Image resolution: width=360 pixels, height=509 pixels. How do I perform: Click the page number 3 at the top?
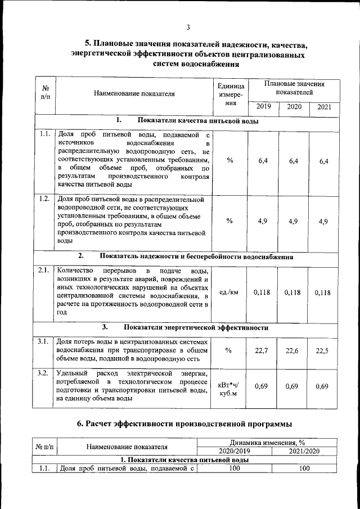coord(188,28)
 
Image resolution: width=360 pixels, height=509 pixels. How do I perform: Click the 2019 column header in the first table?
coord(263,107)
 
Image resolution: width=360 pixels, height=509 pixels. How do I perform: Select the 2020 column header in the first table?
coord(294,107)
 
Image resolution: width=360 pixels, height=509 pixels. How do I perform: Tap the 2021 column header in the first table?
coord(324,107)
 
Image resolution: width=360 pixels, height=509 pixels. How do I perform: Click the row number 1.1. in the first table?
coord(44,134)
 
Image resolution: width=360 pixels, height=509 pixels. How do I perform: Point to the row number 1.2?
coord(44,199)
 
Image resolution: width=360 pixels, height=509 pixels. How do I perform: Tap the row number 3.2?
coord(44,373)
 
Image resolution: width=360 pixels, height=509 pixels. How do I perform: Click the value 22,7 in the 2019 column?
coord(262,351)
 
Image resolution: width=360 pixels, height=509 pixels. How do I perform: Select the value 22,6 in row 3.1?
coord(292,351)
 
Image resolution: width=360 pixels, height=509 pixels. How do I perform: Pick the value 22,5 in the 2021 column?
coord(322,351)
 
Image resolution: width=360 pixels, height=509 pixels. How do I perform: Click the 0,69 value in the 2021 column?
coord(322,386)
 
